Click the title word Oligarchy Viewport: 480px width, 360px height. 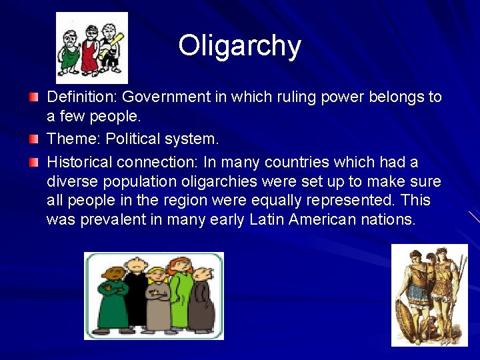pyautogui.click(x=239, y=46)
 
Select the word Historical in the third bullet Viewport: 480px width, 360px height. pyautogui.click(x=79, y=162)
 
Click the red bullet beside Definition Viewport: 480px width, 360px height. pyautogui.click(x=33, y=97)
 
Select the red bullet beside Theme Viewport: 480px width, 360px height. pyautogui.click(x=33, y=139)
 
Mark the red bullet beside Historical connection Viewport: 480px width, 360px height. pyautogui.click(x=33, y=162)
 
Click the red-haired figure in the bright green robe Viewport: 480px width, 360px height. pyautogui.click(x=180, y=293)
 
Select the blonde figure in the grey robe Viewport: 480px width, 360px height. pyautogui.click(x=157, y=300)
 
